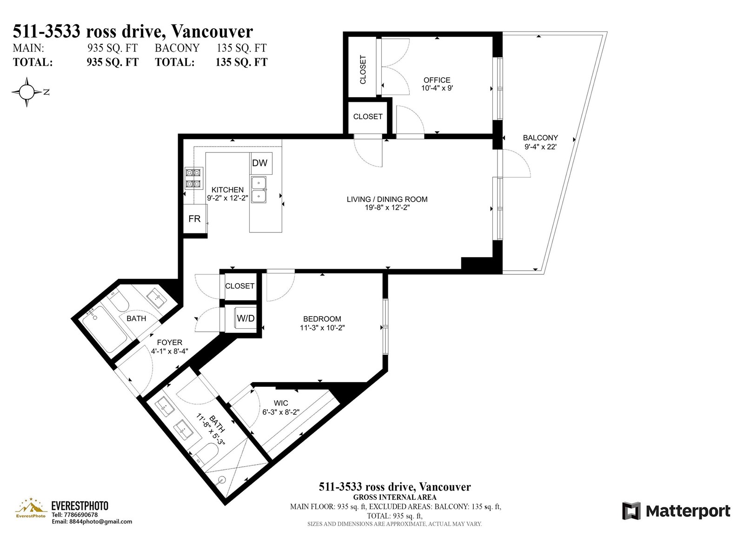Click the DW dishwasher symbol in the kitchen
(x=260, y=163)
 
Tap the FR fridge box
(x=195, y=219)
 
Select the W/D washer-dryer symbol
(x=246, y=318)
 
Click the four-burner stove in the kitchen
(x=194, y=179)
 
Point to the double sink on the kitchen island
(x=259, y=189)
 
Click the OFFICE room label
(x=437, y=80)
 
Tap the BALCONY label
(x=540, y=138)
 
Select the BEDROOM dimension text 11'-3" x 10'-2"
(x=322, y=328)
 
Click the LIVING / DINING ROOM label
(x=387, y=199)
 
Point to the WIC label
(x=281, y=403)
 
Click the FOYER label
(x=169, y=343)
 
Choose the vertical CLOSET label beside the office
(x=363, y=69)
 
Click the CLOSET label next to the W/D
(x=239, y=286)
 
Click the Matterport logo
(x=676, y=511)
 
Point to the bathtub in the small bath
(x=104, y=329)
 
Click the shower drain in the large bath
(x=222, y=479)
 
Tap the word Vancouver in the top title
(x=212, y=32)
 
